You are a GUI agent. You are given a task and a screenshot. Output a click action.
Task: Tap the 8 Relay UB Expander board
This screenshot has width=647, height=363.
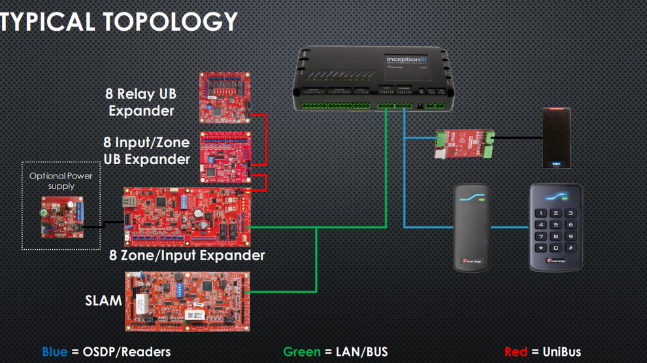[225, 97]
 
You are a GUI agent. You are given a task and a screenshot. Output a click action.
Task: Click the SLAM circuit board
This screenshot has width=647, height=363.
[188, 301]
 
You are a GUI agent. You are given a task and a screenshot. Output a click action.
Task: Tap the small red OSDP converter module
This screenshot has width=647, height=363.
[462, 142]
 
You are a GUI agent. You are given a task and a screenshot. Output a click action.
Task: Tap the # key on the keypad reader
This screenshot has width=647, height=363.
[571, 248]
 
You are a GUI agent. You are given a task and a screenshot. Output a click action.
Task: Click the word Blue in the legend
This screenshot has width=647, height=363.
[54, 352]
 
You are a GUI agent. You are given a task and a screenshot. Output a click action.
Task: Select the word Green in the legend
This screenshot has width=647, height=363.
[301, 352]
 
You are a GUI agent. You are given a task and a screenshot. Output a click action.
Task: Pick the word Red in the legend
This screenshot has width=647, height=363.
[516, 352]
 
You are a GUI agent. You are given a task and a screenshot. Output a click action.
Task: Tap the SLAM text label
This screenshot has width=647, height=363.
[103, 301]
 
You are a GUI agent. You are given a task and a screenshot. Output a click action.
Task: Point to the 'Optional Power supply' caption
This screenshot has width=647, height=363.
[61, 181]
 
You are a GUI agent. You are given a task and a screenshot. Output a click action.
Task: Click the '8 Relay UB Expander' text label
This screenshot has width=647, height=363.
[141, 102]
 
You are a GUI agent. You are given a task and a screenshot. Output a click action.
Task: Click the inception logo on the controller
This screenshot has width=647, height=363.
[406, 60]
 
